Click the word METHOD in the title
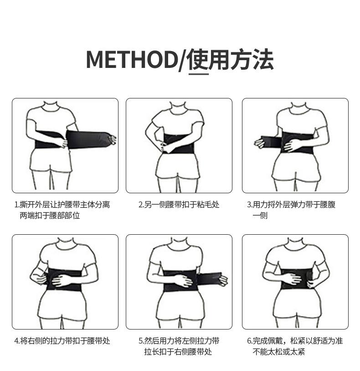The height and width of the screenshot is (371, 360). pyautogui.click(x=132, y=59)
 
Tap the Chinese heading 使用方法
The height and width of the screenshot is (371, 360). pyautogui.click(x=231, y=59)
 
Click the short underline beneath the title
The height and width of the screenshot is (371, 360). pyautogui.click(x=199, y=74)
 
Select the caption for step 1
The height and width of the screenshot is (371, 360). pyautogui.click(x=62, y=210)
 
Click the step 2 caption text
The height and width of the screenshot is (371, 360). pyautogui.click(x=179, y=205)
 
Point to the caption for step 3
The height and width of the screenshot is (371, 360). pyautogui.click(x=291, y=210)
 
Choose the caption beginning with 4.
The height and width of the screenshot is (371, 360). pyautogui.click(x=62, y=341)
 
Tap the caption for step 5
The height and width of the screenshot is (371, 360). pyautogui.click(x=179, y=346)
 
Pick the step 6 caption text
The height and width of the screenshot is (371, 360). pyautogui.click(x=295, y=346)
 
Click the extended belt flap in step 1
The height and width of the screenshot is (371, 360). pyautogui.click(x=87, y=139)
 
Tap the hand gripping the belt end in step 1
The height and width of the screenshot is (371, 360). pyautogui.click(x=112, y=139)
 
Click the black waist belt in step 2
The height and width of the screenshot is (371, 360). pyautogui.click(x=180, y=143)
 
